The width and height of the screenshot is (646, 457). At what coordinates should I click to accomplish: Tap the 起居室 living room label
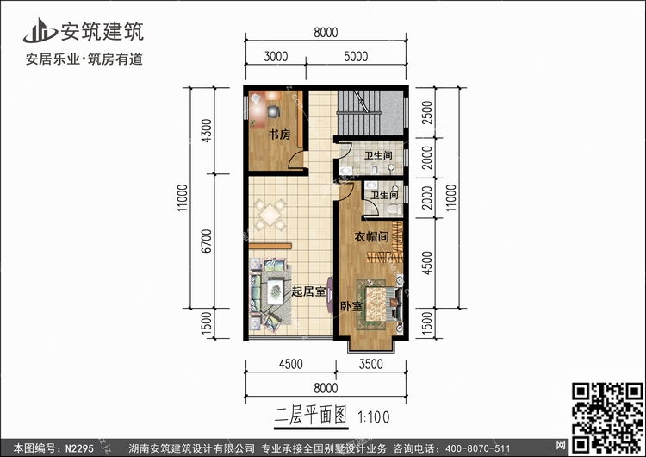tap(308, 291)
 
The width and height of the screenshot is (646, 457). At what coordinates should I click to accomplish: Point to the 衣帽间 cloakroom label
tap(369, 236)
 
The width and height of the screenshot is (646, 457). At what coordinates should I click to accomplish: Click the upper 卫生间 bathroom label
tap(378, 156)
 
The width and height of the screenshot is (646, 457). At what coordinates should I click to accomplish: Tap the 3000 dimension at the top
tap(275, 57)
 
